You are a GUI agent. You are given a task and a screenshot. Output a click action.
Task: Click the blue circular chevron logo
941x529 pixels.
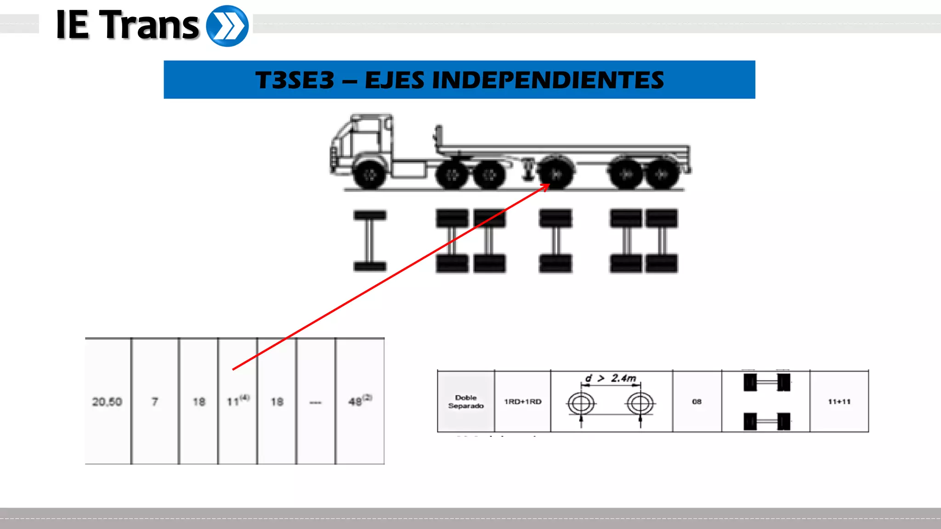pyautogui.click(x=227, y=26)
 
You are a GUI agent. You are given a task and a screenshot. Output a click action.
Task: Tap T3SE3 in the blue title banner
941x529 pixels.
pyautogui.click(x=295, y=80)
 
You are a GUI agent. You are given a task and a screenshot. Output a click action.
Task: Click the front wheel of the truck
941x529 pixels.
pyautogui.click(x=369, y=174)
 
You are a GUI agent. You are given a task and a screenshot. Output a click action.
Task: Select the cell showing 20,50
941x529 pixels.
pyautogui.click(x=107, y=402)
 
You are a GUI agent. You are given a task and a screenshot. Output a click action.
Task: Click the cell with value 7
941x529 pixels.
pyautogui.click(x=155, y=402)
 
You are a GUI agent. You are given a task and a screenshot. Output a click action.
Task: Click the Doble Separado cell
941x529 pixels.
pyautogui.click(x=466, y=401)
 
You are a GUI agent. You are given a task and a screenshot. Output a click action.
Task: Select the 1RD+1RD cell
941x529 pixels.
pyautogui.click(x=522, y=401)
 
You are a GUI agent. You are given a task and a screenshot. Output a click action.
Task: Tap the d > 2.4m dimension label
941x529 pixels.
pyautogui.click(x=611, y=378)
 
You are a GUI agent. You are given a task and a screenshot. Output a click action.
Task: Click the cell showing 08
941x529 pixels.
pyautogui.click(x=697, y=401)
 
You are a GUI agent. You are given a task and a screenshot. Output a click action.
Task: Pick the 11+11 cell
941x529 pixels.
pyautogui.click(x=839, y=401)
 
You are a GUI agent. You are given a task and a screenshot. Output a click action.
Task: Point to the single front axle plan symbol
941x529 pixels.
pyautogui.click(x=370, y=241)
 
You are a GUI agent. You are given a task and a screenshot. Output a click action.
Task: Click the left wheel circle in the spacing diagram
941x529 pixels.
pyautogui.click(x=581, y=404)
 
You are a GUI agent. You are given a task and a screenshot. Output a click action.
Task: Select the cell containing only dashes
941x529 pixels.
pyautogui.click(x=316, y=402)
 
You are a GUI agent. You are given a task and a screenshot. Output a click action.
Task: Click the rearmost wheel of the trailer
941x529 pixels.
pyautogui.click(x=662, y=174)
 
